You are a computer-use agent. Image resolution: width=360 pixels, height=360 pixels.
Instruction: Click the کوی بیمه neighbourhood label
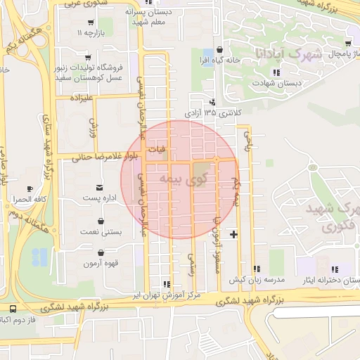172,180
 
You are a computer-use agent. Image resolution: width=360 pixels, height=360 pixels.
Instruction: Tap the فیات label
160,150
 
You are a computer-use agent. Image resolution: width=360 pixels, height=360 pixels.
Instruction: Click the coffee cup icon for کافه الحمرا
30,188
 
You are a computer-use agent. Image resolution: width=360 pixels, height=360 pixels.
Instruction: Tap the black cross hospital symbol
233,233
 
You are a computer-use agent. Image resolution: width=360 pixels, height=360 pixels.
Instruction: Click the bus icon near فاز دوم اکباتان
14,309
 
